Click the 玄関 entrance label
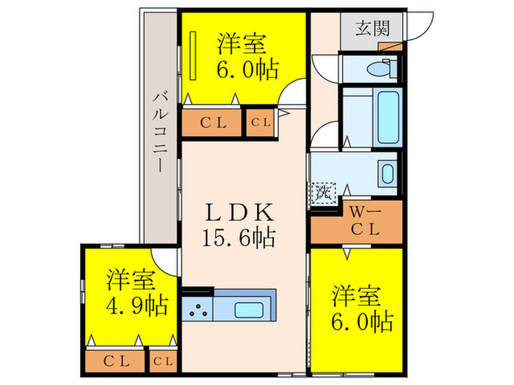pos(372,29)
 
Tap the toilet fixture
pos(376,70)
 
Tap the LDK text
pos(241,213)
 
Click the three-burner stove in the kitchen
pos(198,308)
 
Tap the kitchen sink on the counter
pos(250,307)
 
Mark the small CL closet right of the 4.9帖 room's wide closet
pos(163,360)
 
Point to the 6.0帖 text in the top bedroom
pos(247,70)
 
